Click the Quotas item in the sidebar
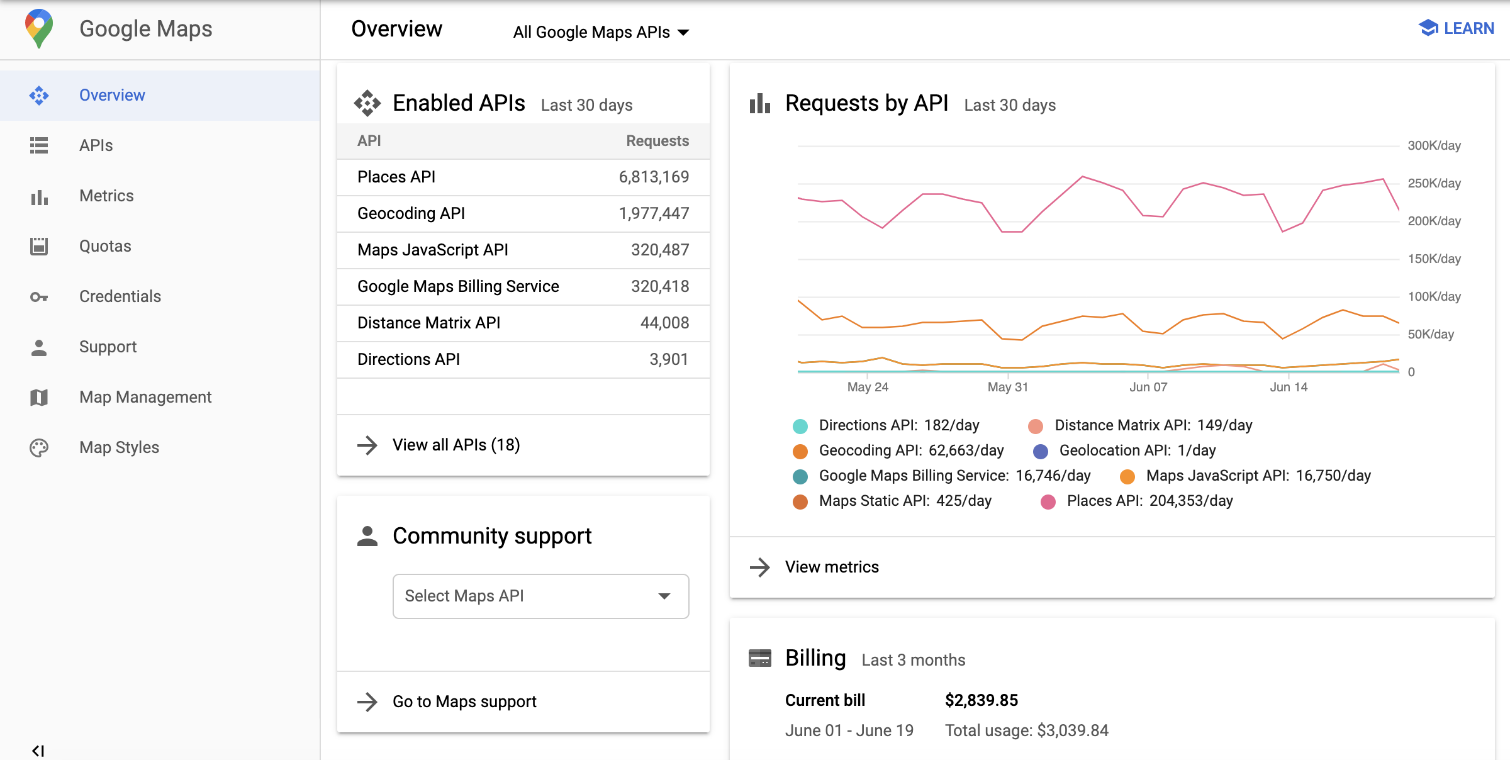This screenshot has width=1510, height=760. click(x=105, y=246)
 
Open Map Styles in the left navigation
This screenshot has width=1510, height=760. click(x=119, y=447)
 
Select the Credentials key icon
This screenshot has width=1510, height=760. click(x=39, y=297)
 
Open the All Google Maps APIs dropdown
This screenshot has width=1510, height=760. click(x=601, y=32)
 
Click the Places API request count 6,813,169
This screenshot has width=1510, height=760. click(x=654, y=177)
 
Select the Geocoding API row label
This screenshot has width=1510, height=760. click(x=411, y=213)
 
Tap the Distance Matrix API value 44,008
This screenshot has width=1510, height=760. click(x=664, y=323)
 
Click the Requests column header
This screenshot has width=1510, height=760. click(x=657, y=141)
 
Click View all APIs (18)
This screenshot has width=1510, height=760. click(x=456, y=445)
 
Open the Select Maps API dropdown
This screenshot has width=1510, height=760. click(x=540, y=596)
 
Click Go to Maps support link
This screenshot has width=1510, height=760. click(x=464, y=701)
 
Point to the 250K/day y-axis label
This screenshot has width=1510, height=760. click(x=1434, y=183)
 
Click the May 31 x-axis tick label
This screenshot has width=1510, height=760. click(x=1007, y=387)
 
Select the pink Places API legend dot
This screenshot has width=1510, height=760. click(x=1048, y=501)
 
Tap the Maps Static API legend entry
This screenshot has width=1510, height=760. click(x=905, y=501)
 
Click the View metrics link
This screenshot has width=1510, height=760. click(x=831, y=567)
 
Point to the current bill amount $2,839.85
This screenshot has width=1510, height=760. click(x=981, y=700)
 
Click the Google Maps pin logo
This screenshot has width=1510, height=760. click(x=39, y=28)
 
